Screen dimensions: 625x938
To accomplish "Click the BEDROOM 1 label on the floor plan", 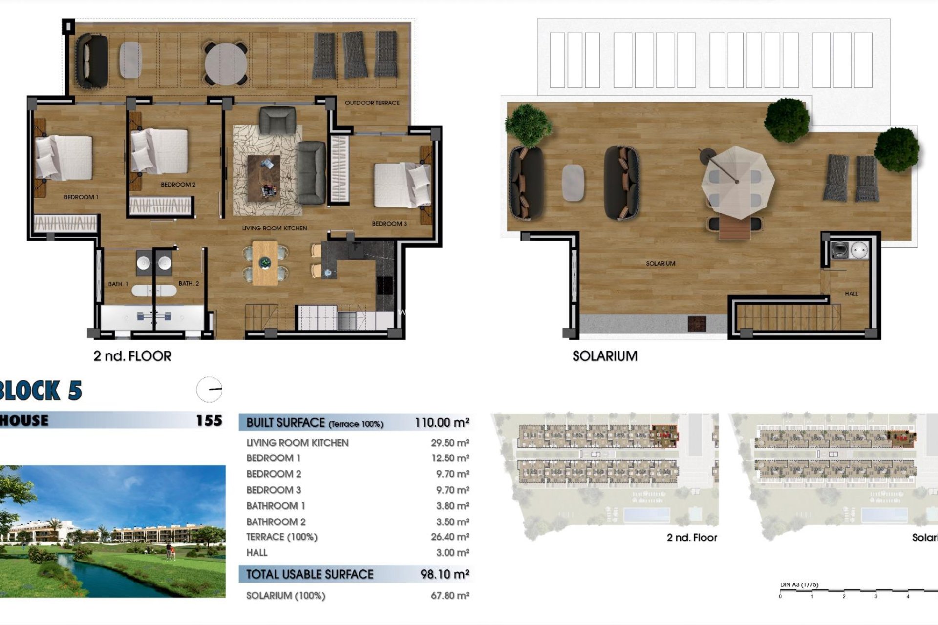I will pos(81,197).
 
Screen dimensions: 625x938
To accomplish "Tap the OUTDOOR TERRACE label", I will pos(372,103).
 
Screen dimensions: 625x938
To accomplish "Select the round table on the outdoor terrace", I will pos(226,64).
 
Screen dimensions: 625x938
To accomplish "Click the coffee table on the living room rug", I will pos(264,178).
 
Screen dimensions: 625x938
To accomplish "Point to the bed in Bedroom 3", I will pos(402,185).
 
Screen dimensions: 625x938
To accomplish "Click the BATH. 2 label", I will pos(189,284).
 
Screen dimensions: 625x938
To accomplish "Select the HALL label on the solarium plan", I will pos(851,294).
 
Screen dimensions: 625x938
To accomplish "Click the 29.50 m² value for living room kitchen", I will pos(450,443).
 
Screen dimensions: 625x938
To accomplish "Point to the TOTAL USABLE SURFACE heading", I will pos(310,575).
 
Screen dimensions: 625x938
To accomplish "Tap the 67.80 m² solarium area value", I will pos(450,596).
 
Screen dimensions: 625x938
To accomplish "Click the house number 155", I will pos(209,420).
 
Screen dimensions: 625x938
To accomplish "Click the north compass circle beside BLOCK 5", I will pos(209,390).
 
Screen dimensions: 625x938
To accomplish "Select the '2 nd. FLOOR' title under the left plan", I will pos(132,356).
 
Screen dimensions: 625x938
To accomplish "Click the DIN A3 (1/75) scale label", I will pos(799,585).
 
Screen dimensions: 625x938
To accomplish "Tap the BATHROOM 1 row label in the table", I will pos(276,506).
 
